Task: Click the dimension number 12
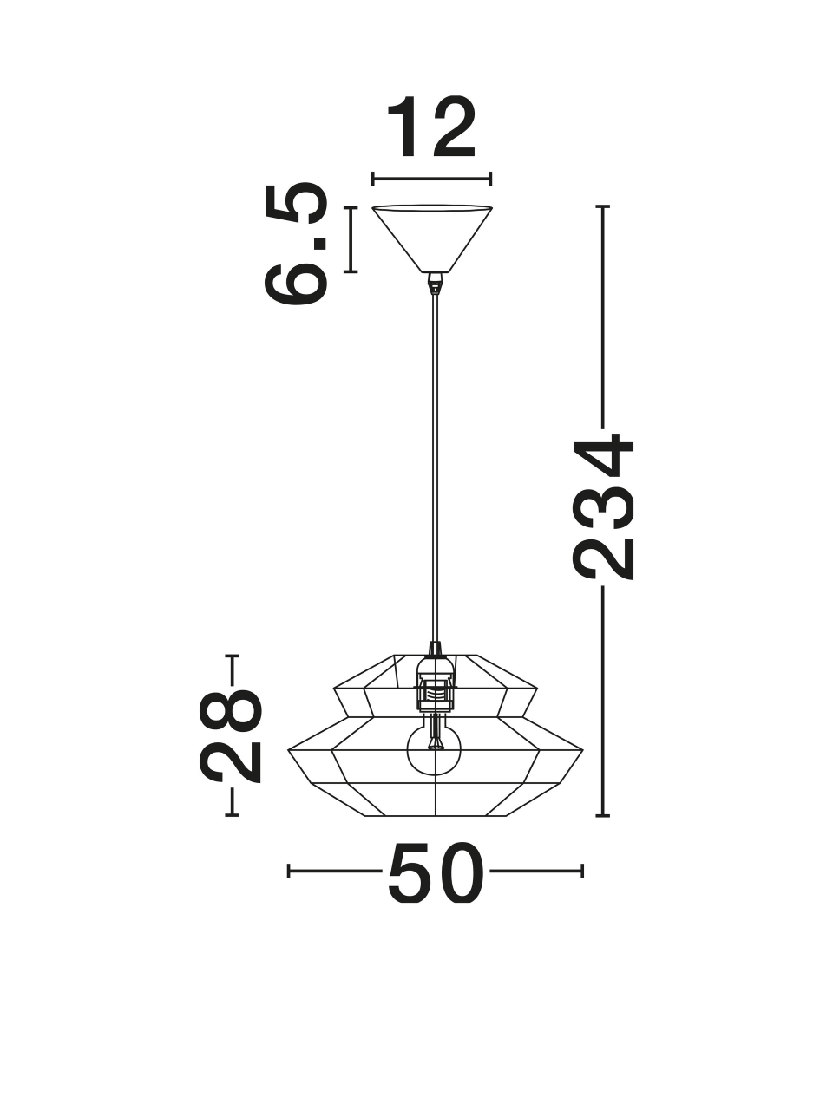click(x=431, y=127)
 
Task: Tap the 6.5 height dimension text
click(x=296, y=244)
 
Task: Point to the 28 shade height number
click(x=231, y=737)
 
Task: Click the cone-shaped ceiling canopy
click(x=432, y=238)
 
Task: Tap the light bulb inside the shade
click(x=435, y=757)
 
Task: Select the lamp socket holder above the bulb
click(x=435, y=686)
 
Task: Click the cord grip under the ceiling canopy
click(x=434, y=284)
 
